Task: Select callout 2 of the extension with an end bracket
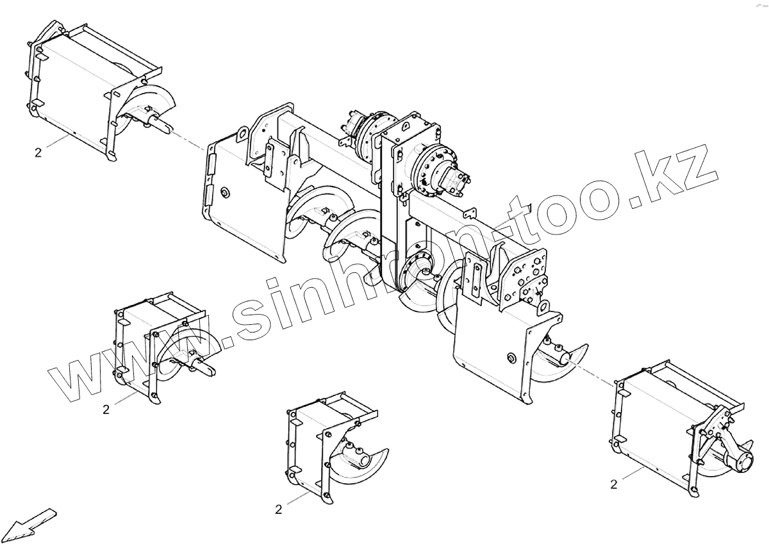click(x=613, y=485)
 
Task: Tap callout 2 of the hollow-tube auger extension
click(x=278, y=510)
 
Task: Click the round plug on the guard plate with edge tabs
click(x=225, y=192)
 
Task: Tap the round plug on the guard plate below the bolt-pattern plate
click(x=511, y=357)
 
